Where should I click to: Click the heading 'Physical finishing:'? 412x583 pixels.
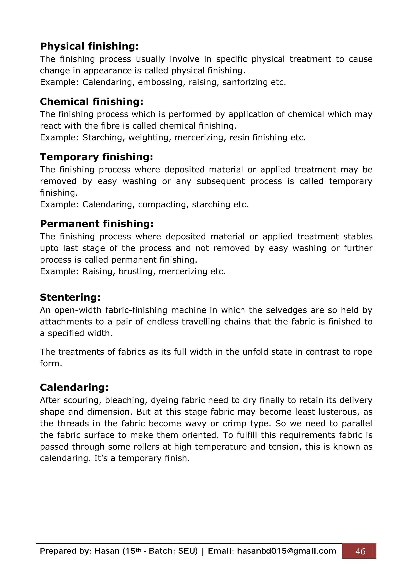pos(89,46)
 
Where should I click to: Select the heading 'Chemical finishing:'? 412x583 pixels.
pos(92,102)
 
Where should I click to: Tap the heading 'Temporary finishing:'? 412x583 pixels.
pos(97,157)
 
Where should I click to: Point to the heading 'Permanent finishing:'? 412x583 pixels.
pos(97,224)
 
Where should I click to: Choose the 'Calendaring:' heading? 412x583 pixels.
pos(74,387)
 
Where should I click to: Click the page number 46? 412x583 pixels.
pos(360,551)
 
